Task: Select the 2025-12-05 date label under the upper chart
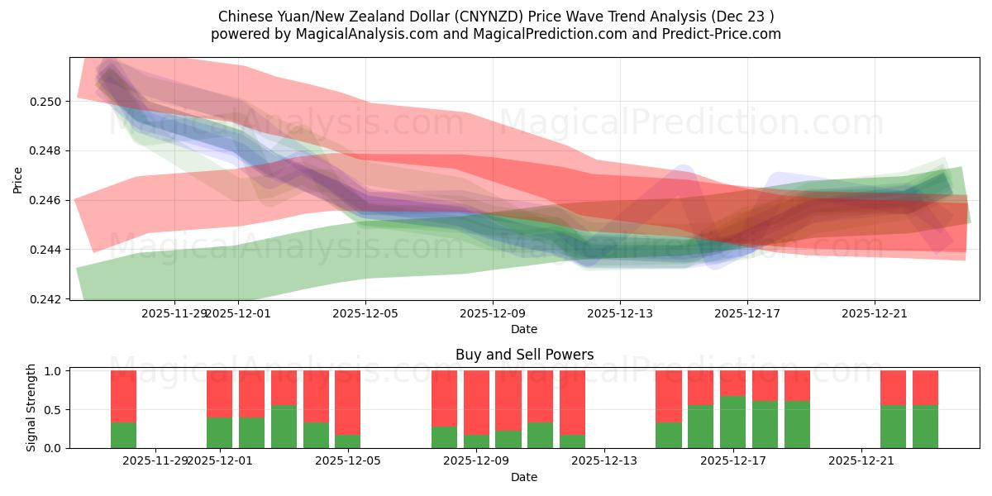[x=365, y=313]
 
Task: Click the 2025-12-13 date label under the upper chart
[x=620, y=313]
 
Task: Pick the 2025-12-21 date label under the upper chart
[x=875, y=313]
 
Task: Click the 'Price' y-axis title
[x=18, y=179]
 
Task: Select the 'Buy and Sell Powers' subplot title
[x=524, y=355]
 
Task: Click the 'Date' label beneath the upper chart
[x=524, y=329]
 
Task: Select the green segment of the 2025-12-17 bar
[x=732, y=422]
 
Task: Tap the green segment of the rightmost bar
[x=925, y=427]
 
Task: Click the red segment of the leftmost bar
[x=123, y=396]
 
